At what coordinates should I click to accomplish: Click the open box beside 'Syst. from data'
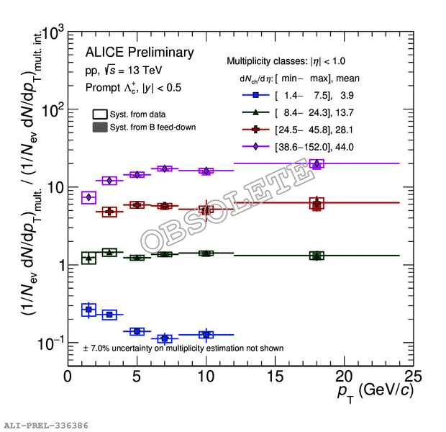pyautogui.click(x=100, y=114)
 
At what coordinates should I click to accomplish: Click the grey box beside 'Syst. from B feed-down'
pyautogui.click(x=100, y=127)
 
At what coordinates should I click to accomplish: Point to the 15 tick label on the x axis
pyautogui.click(x=275, y=377)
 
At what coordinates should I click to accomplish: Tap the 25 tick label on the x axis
pyautogui.click(x=413, y=377)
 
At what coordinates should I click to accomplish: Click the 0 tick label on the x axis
pyautogui.click(x=68, y=377)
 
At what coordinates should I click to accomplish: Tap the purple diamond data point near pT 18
pyautogui.click(x=317, y=163)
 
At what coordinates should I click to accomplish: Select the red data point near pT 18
pyautogui.click(x=317, y=204)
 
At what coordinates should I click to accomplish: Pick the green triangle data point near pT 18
pyautogui.click(x=317, y=256)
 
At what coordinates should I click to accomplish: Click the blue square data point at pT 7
pyautogui.click(x=165, y=338)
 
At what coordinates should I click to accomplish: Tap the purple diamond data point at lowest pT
pyautogui.click(x=89, y=197)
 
